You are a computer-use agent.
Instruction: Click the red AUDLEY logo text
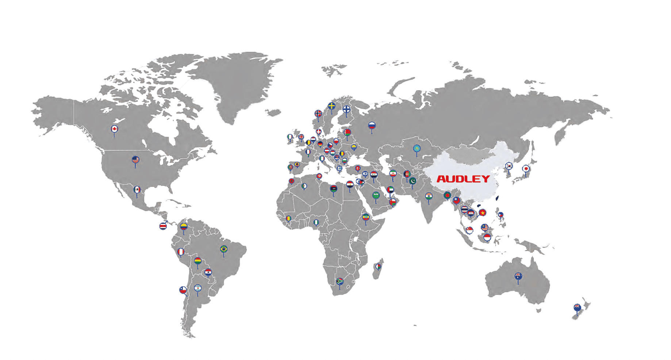point(463,179)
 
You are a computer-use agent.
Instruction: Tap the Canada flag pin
point(114,129)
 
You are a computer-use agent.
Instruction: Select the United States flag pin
point(135,160)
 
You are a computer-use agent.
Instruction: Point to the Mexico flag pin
point(137,189)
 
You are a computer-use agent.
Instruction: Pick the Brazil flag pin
point(224,249)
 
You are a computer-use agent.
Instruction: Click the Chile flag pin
point(183,290)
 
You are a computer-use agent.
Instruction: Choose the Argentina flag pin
point(198,288)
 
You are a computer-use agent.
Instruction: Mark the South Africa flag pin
point(340,282)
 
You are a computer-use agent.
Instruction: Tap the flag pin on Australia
point(518,276)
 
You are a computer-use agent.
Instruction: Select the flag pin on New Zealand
point(577,307)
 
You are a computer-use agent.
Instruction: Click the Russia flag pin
point(372,126)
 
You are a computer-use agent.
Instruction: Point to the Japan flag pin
point(526,169)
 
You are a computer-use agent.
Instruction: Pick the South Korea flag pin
point(509,166)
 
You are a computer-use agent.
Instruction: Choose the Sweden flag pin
point(331,106)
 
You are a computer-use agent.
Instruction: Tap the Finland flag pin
point(346,109)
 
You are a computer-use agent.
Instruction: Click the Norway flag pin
point(318,114)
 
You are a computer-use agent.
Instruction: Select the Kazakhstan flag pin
point(417,149)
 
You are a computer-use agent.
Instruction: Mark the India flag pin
point(429,196)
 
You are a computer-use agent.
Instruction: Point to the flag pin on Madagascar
point(379,266)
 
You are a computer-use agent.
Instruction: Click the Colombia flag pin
point(184,227)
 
